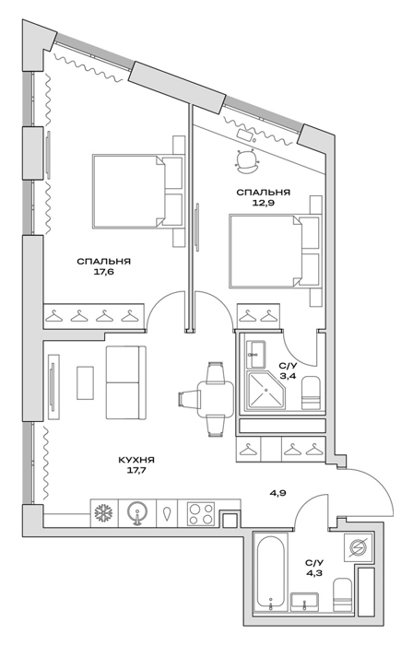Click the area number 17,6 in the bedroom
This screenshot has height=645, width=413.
tap(103, 272)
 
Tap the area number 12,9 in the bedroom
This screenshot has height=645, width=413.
tap(263, 203)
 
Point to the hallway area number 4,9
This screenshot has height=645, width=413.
tap(277, 492)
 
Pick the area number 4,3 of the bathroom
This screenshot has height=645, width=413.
tap(314, 572)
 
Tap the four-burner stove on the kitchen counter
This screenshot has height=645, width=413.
tap(201, 513)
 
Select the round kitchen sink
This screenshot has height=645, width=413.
tap(137, 513)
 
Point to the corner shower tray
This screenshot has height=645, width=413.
tap(265, 391)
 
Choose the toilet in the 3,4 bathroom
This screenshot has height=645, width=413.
tap(311, 393)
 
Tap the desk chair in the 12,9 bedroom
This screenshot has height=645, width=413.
tap(247, 160)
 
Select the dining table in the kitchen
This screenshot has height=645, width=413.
tap(215, 399)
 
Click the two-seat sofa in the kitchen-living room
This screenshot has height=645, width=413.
tap(126, 382)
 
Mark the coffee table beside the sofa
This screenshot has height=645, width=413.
tap(85, 382)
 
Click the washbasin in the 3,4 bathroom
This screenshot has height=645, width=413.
tap(255, 354)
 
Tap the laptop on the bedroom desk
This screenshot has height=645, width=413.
tap(246, 135)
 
